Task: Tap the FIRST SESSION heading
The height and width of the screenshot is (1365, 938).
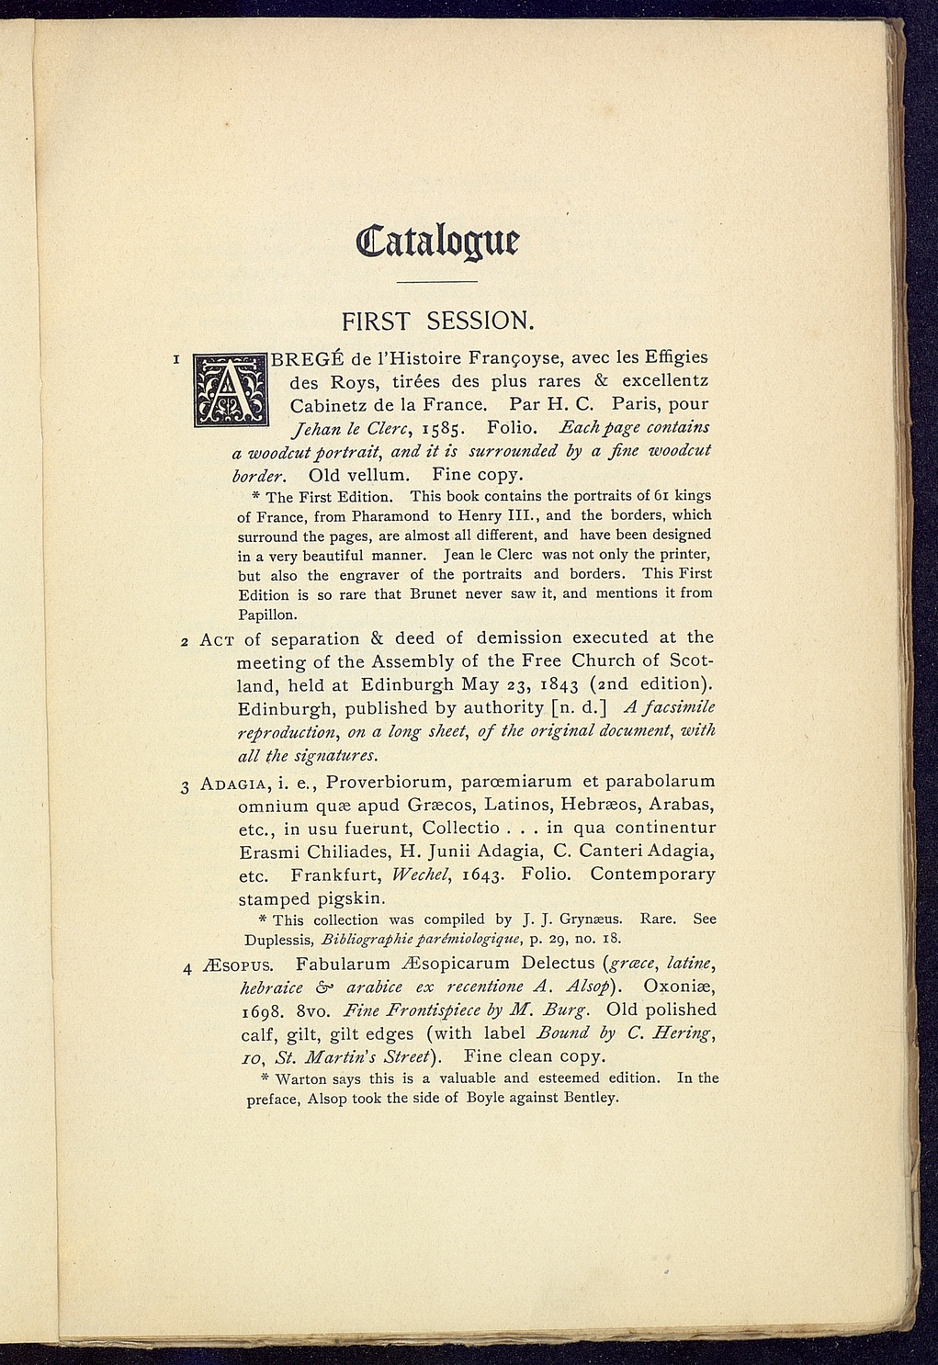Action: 437,321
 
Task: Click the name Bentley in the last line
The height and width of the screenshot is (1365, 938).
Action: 591,1098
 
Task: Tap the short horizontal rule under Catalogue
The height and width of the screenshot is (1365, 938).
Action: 439,281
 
